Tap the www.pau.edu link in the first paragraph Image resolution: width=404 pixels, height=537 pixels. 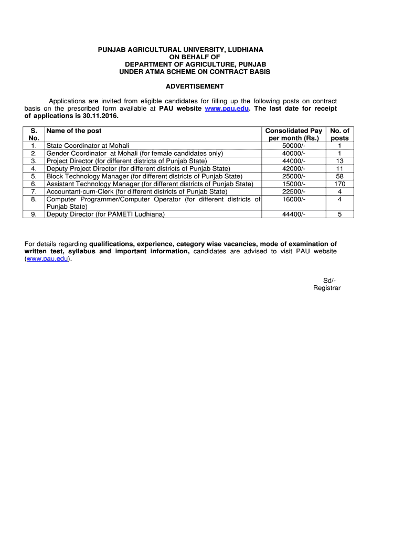pyautogui.click(x=227, y=109)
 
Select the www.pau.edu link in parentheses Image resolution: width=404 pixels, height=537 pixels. pyautogui.click(x=47, y=259)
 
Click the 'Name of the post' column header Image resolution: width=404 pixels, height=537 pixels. pyautogui.click(x=74, y=131)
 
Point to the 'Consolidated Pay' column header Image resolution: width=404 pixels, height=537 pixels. pyautogui.click(x=293, y=131)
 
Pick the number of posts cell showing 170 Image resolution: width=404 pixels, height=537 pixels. pyautogui.click(x=339, y=184)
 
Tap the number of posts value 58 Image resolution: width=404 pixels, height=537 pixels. pyautogui.click(x=339, y=176)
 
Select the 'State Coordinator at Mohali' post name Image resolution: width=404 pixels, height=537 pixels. pyautogui.click(x=88, y=146)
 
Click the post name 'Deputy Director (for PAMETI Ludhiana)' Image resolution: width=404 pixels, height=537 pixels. pyautogui.click(x=105, y=214)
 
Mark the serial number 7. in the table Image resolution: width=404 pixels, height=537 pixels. pyautogui.click(x=34, y=191)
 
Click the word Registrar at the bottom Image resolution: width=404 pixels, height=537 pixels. pyautogui.click(x=327, y=288)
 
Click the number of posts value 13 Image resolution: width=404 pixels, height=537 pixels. pyautogui.click(x=339, y=161)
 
